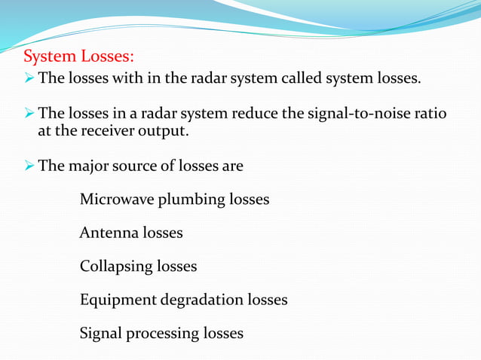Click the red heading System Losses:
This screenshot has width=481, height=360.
point(78,57)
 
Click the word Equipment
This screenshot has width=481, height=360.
point(118,300)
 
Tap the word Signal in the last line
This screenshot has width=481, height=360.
point(102,333)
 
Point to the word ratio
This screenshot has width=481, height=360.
point(430,114)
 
